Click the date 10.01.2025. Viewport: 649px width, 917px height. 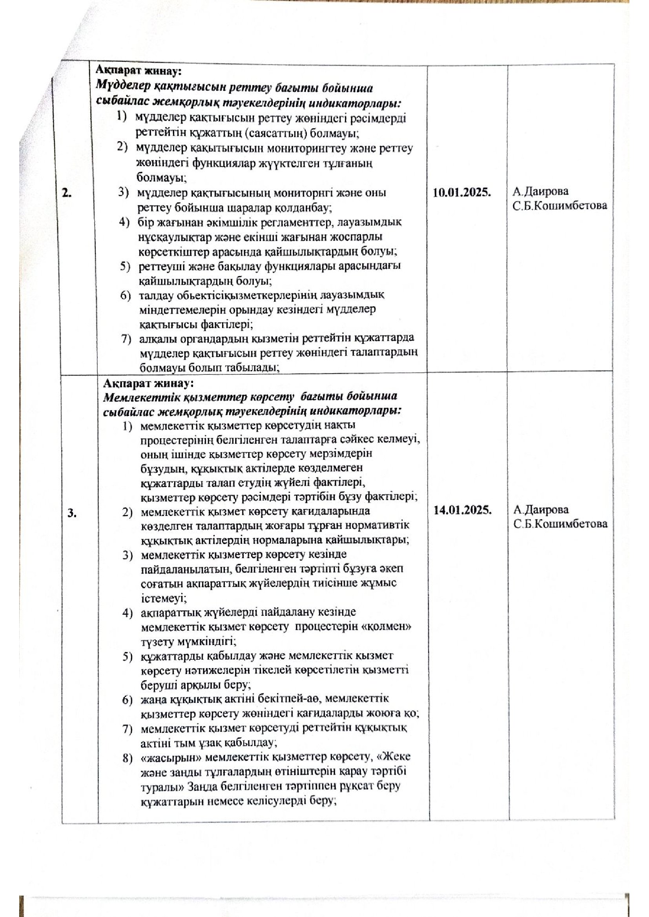(461, 193)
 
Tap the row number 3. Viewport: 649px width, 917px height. (72, 513)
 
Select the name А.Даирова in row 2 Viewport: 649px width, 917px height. (540, 191)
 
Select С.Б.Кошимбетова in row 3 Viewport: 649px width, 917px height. (560, 524)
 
